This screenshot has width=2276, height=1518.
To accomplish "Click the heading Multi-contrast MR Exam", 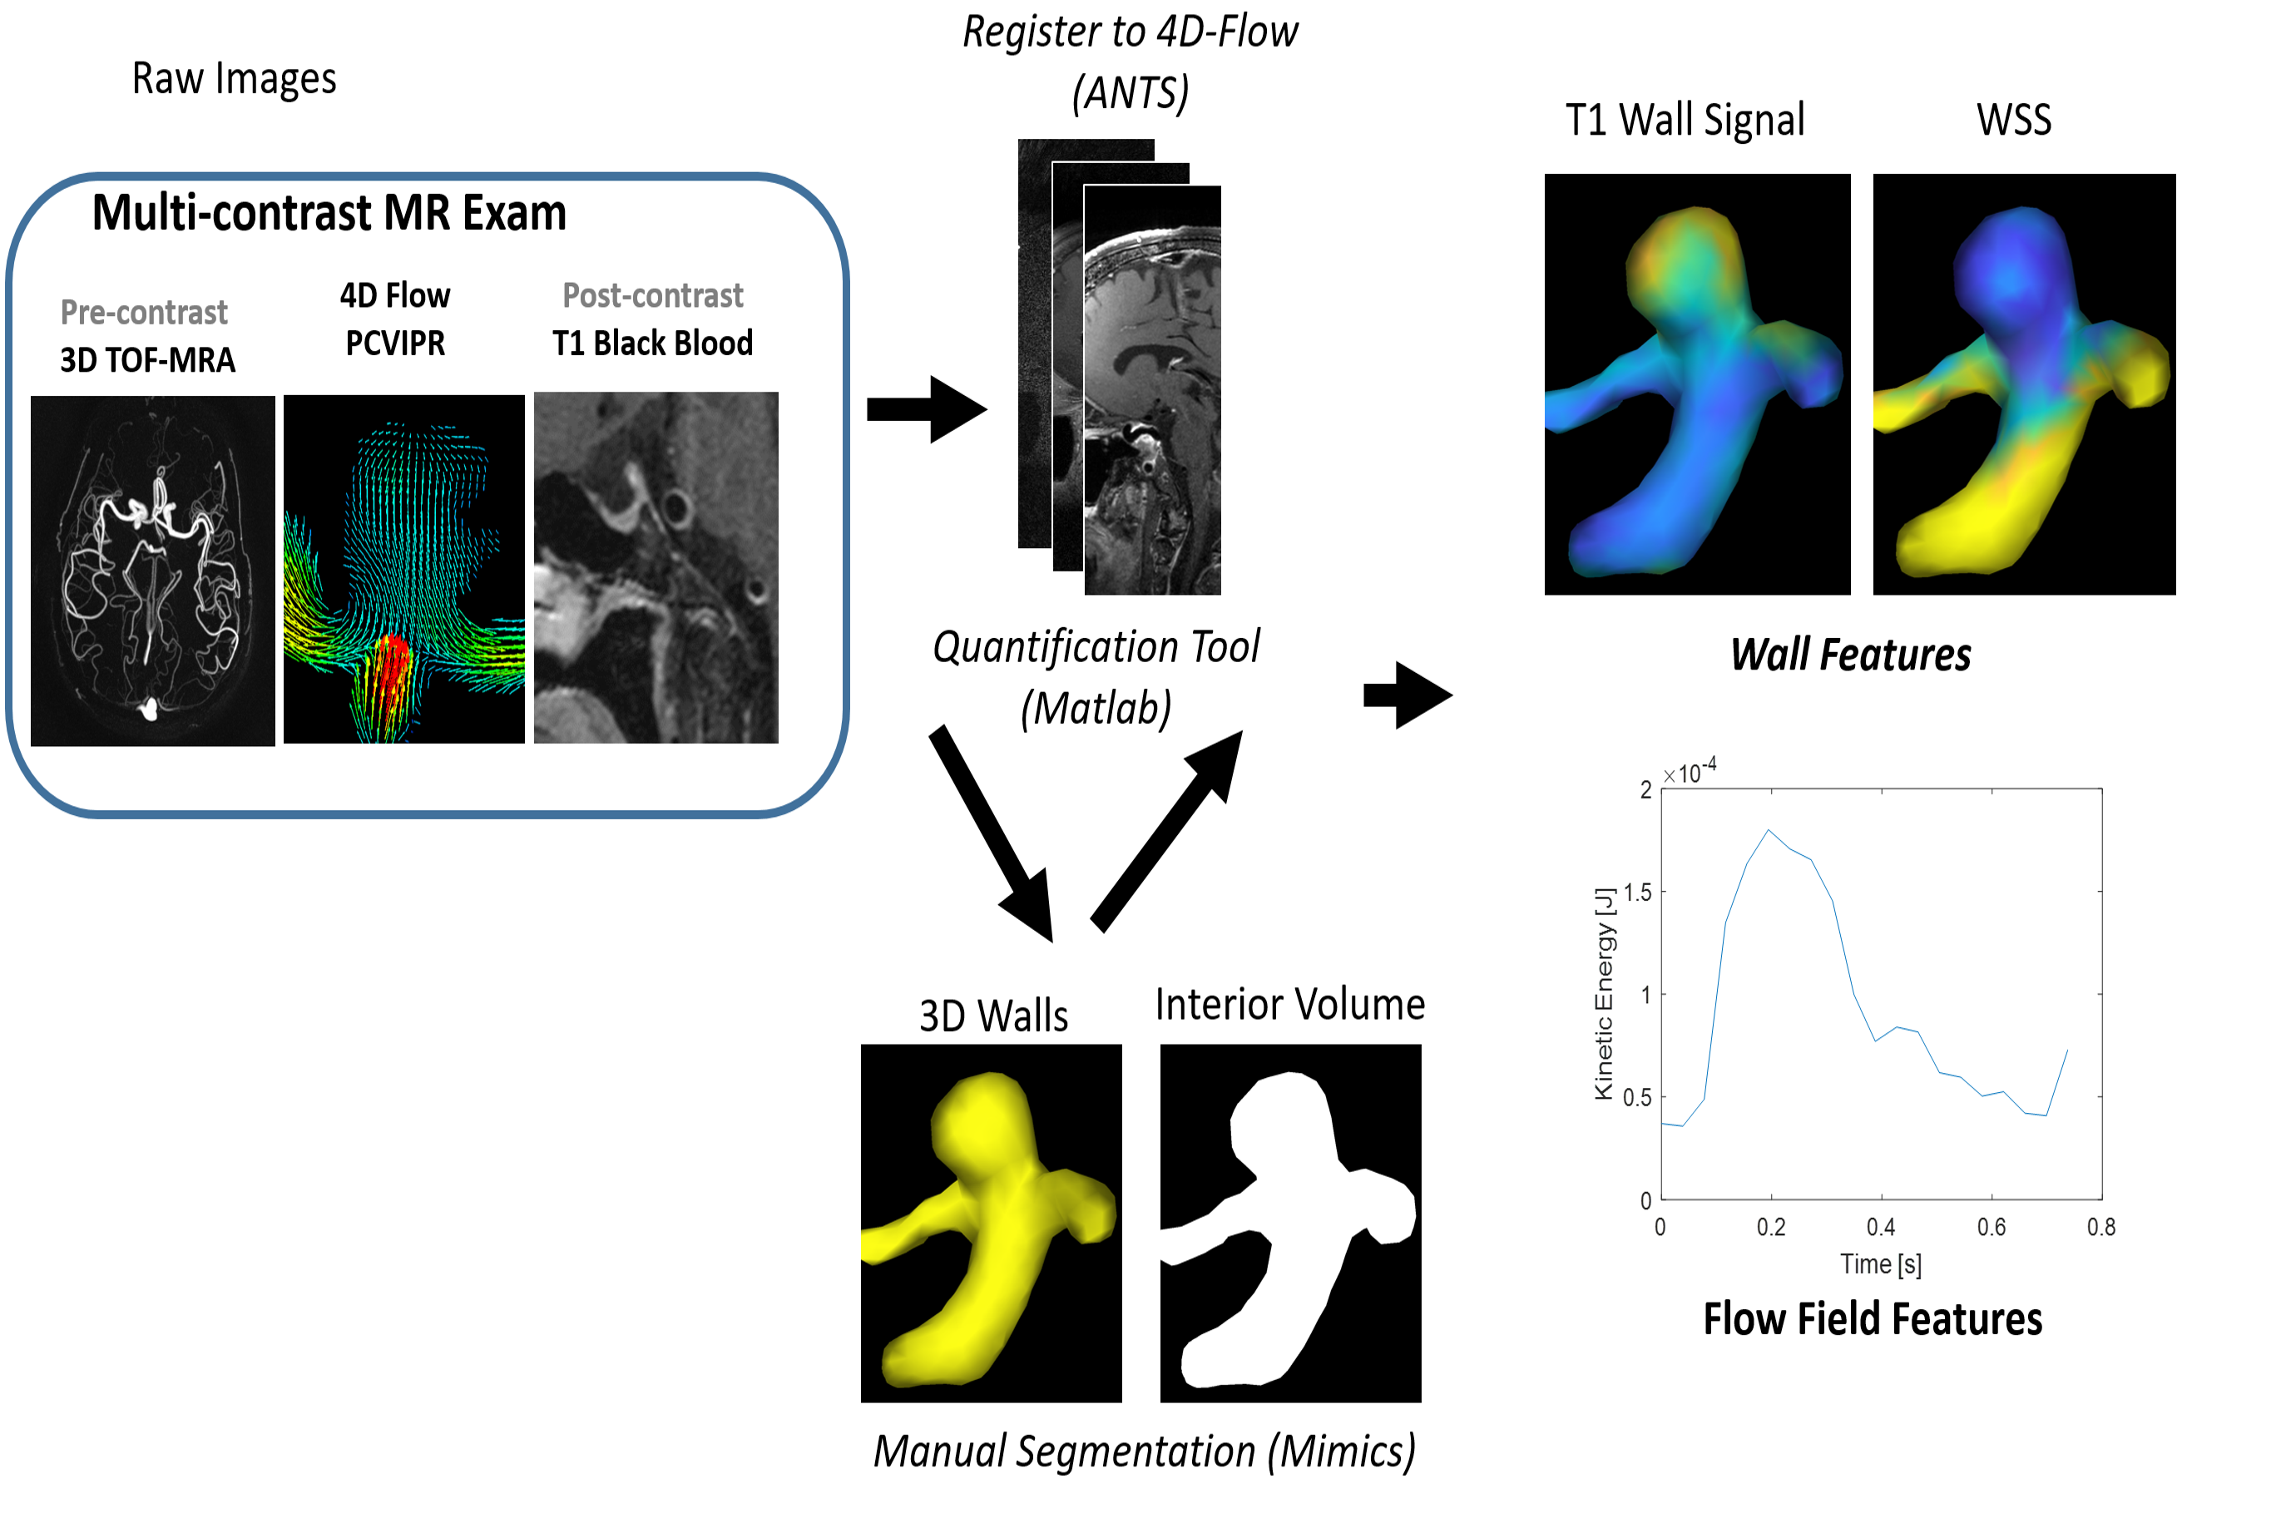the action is [329, 213].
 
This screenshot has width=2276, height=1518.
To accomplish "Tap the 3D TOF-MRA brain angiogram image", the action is [152, 571].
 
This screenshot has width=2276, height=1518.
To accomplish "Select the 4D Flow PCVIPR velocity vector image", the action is [403, 569].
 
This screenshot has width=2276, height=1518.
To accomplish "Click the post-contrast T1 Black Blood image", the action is [656, 567].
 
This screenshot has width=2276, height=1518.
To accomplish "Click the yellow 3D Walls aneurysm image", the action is [991, 1223].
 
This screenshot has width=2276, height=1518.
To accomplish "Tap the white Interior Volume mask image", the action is [1289, 1223].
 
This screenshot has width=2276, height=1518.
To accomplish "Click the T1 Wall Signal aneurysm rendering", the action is [1696, 384].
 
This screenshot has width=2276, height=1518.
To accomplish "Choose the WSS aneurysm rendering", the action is [2023, 384].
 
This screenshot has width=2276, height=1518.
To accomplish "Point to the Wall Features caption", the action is [1849, 655].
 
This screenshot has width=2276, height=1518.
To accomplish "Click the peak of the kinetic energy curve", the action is [1769, 831].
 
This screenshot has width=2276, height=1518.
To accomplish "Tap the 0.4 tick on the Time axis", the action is [1880, 1228].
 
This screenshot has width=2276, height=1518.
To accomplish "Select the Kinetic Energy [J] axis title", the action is [1604, 993].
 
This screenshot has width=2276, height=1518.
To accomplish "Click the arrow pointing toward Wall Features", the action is [1407, 695].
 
